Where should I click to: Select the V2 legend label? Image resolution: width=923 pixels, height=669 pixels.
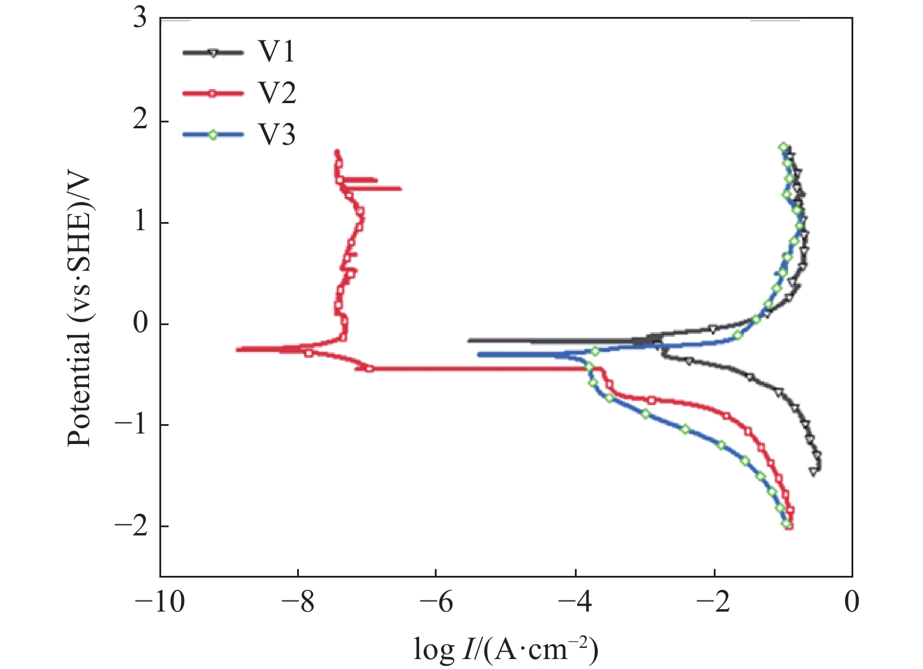point(277,93)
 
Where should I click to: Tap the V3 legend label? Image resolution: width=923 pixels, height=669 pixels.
point(277,135)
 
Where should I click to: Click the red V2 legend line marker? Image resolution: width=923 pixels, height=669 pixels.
point(213,93)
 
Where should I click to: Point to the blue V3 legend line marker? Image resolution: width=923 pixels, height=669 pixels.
point(213,135)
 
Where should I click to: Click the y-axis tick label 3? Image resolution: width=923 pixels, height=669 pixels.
point(139,19)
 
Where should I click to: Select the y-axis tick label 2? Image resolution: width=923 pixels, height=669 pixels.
point(139,121)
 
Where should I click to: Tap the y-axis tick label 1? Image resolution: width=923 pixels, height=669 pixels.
point(139,223)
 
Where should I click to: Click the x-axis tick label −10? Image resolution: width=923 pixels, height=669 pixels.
point(160,602)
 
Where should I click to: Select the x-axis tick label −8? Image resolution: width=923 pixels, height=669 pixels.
point(297,602)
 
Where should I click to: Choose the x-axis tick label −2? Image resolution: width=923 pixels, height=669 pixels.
point(713,602)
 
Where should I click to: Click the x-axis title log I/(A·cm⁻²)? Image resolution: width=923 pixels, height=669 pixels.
point(506,649)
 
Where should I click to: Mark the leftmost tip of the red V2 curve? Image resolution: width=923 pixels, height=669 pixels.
point(237,350)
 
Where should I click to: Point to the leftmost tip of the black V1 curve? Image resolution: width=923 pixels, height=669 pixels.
point(468,340)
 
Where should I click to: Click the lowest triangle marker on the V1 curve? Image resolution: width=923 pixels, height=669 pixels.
point(813,471)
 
